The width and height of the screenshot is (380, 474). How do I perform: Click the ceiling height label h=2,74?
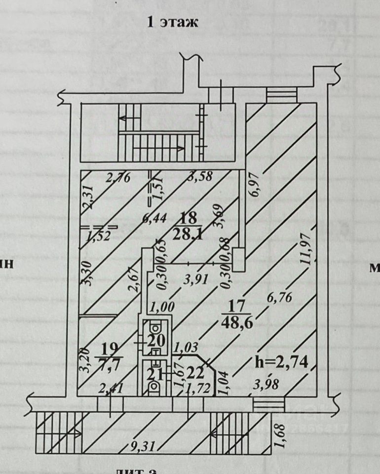pos(282,362)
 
